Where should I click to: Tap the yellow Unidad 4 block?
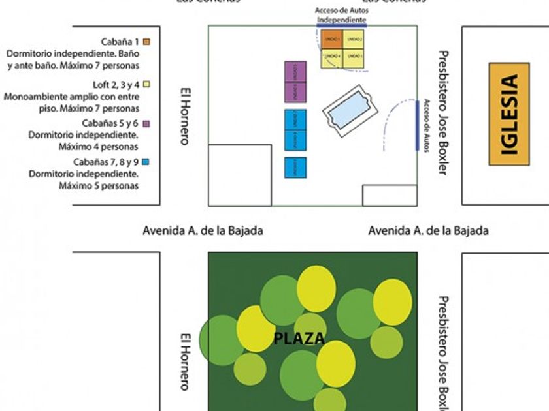point(332,58)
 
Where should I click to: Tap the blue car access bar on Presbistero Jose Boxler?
point(417,126)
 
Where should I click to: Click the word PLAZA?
point(299,339)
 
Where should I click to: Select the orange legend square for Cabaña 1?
point(147,42)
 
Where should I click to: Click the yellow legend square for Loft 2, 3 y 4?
point(147,84)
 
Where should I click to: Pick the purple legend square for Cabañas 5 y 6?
point(147,123)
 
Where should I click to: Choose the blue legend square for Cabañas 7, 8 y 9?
point(147,162)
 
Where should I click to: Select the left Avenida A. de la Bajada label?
point(203,230)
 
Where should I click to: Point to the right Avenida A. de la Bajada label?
point(428,230)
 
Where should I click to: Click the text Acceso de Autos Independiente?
point(340,16)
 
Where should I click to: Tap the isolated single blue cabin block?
point(295,168)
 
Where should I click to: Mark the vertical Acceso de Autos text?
point(426,126)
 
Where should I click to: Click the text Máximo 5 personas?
point(99,186)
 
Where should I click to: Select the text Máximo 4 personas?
point(99,147)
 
